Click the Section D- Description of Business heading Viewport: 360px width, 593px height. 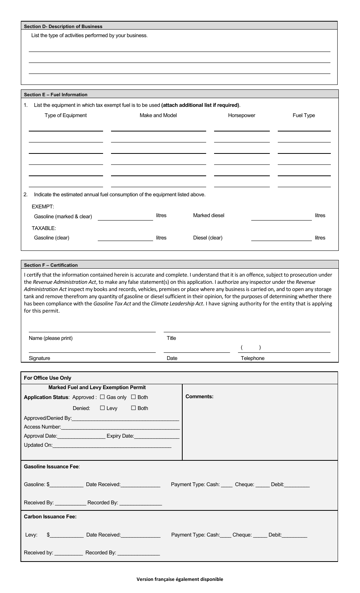pos(63,27)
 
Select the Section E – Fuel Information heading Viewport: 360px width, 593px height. pos(56,95)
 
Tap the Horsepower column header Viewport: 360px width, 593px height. pos(241,116)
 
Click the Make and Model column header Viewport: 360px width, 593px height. pos(158,116)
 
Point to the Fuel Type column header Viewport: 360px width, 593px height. pos(304,116)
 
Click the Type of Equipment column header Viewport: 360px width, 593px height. pos(66,116)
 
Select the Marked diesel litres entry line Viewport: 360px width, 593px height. pos(281,217)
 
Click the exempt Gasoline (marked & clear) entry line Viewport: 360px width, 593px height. pos(125,217)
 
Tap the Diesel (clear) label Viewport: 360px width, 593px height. pos(208,238)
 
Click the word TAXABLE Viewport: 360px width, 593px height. pos(44,228)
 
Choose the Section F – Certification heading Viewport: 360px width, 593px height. pos(51,265)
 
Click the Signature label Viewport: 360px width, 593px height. pos(39,358)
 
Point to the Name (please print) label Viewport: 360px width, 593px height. pos(50,338)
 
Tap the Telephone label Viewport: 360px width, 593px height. pos(252,358)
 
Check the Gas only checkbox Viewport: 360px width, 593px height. pos(102,397)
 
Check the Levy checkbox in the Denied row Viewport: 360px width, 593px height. pos(102,408)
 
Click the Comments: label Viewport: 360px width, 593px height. pos(199,397)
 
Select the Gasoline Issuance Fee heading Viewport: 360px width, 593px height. pos(52,467)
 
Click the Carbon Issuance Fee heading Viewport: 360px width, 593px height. pos(50,516)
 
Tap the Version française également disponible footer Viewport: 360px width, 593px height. pos(180,579)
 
